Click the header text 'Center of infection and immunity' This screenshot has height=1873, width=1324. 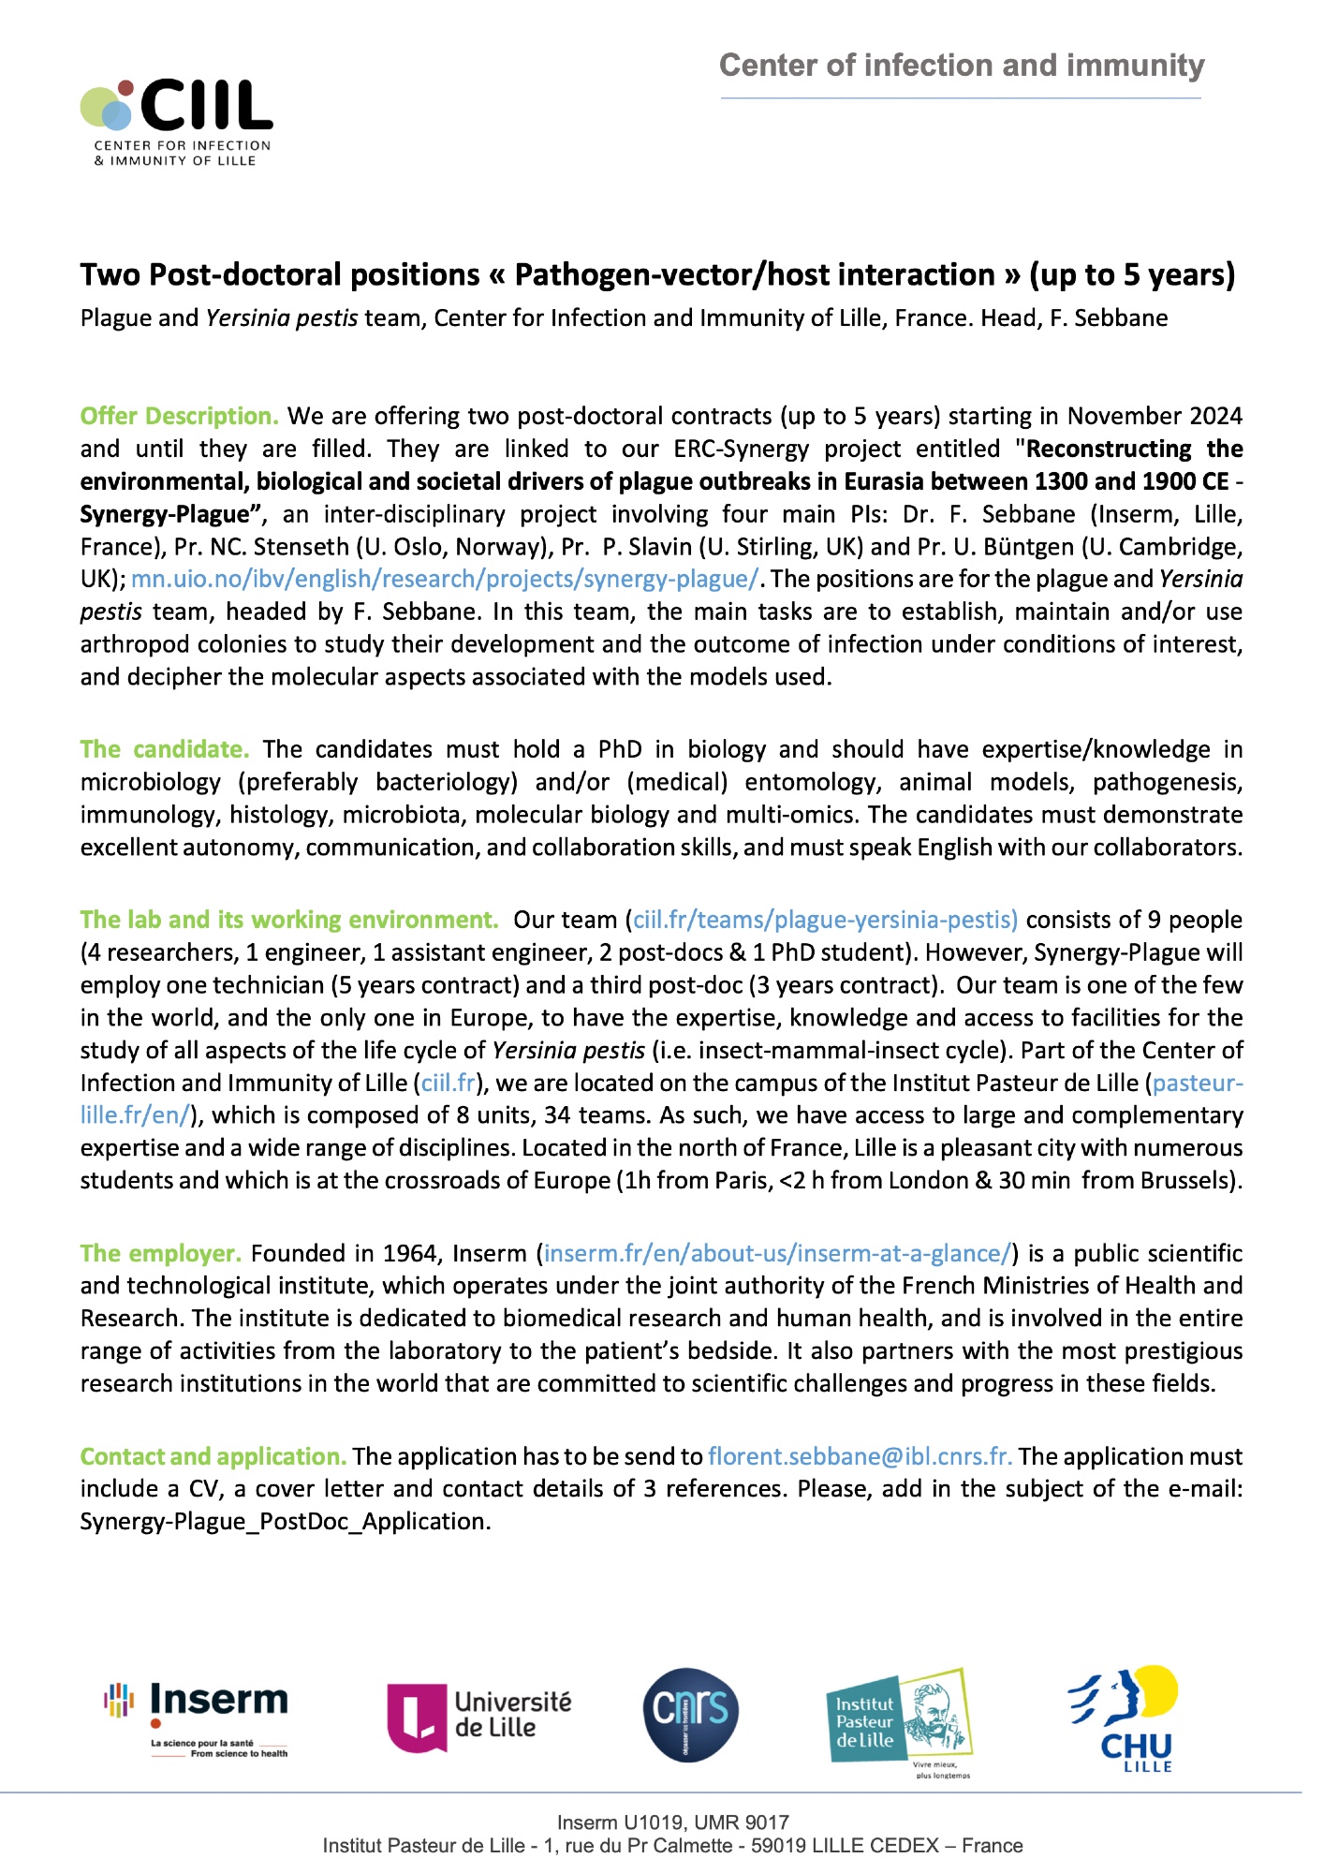962,66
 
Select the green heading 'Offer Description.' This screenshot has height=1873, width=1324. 179,416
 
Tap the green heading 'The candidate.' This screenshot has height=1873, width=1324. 164,749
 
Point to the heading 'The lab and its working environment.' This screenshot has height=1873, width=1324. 289,920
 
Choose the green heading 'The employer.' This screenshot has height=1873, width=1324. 160,1253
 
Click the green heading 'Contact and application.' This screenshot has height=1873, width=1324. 213,1456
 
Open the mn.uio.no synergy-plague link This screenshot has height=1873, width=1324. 445,579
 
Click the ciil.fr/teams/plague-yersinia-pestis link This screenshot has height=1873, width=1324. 825,920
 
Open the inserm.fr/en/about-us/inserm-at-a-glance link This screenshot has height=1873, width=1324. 777,1253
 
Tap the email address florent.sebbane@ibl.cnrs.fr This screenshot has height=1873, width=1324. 860,1456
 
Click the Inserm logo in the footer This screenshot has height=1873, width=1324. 197,1719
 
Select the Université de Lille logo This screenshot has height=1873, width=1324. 479,1716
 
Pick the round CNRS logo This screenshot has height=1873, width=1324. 691,1714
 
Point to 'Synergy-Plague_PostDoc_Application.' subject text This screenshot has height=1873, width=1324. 286,1522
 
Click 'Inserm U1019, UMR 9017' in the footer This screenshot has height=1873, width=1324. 672,1822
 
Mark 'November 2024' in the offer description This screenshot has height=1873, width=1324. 1155,416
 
